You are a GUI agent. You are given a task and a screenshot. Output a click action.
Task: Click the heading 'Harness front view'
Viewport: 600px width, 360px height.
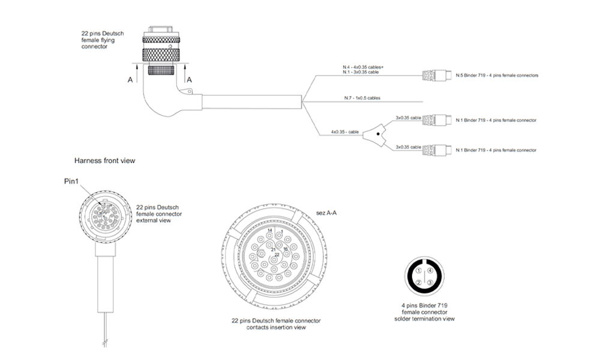(x=104, y=161)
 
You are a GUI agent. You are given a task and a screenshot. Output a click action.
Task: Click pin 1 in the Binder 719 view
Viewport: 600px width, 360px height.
(x=418, y=271)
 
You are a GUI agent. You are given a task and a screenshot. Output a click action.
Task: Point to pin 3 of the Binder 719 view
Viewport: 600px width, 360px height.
(x=430, y=282)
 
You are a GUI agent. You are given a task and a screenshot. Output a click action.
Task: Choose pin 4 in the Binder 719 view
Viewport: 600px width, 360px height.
(x=430, y=271)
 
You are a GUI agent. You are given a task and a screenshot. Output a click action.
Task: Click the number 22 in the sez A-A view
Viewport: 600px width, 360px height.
(x=277, y=255)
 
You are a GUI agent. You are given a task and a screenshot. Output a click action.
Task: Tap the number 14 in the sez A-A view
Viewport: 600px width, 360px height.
(x=270, y=230)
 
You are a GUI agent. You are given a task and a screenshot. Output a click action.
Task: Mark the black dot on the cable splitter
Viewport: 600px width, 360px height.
(x=378, y=135)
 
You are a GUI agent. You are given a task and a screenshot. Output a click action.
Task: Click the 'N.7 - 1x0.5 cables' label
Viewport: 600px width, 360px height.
(x=362, y=98)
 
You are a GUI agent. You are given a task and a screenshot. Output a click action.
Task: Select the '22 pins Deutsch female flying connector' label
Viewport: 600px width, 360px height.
(x=103, y=40)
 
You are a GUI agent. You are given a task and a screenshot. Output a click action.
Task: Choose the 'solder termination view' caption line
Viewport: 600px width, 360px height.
(x=424, y=319)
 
